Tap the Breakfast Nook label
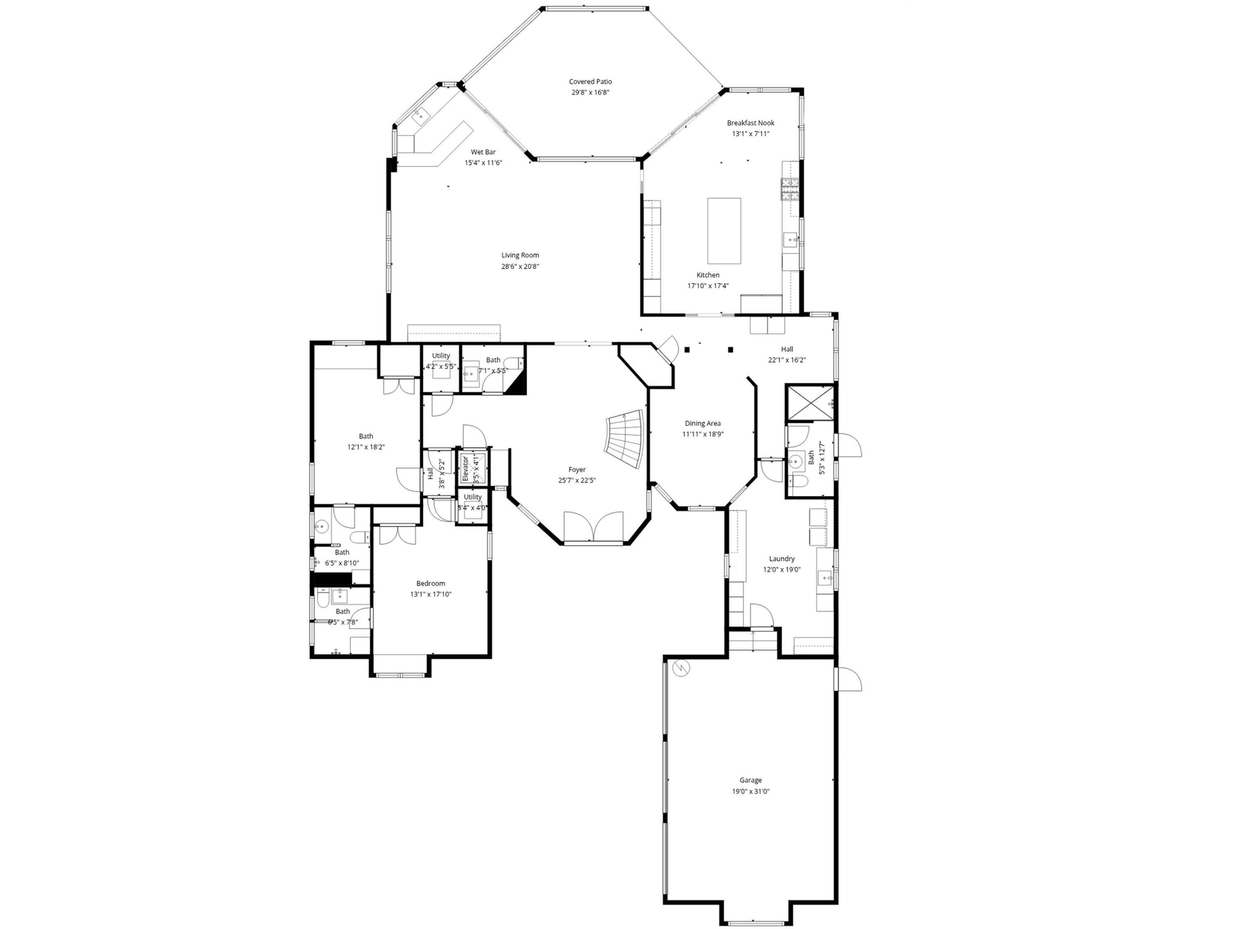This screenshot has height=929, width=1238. [x=751, y=123]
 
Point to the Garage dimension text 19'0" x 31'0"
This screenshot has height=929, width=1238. [x=751, y=791]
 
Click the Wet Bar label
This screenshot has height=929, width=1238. [x=483, y=152]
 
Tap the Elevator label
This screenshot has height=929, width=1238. [x=465, y=469]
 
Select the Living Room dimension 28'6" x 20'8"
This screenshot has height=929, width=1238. [x=520, y=267]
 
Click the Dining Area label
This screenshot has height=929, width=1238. [x=702, y=423]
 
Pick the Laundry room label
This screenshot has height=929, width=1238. [x=781, y=558]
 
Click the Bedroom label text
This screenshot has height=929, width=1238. [x=430, y=583]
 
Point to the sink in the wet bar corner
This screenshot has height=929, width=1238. [x=420, y=117]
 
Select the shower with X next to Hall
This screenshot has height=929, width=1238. [x=809, y=402]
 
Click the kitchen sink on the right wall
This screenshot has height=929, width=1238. [x=791, y=241]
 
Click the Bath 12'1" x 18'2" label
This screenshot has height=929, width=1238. [x=366, y=436]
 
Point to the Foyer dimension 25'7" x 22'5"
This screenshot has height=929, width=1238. [x=576, y=480]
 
